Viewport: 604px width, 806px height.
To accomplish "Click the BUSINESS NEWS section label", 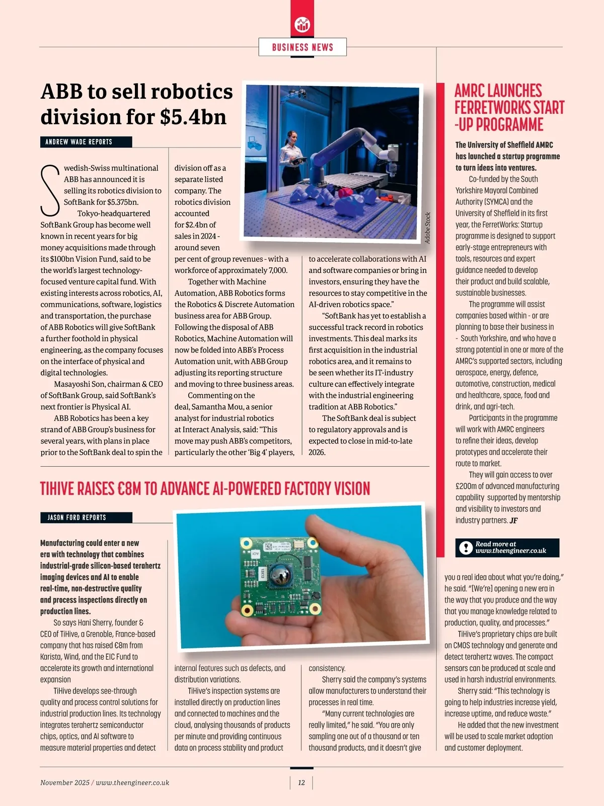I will click(303, 47).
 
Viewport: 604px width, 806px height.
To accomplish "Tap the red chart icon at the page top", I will click(303, 24).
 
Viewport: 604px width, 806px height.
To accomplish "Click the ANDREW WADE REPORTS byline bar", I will click(86, 142).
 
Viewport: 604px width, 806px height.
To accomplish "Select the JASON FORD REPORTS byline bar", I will click(86, 518).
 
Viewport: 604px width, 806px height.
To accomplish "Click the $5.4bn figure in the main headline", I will click(193, 117).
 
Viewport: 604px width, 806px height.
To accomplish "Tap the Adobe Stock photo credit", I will click(428, 228).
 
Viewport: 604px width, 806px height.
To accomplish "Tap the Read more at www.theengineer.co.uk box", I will click(507, 547).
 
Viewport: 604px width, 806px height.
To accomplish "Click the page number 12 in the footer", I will click(301, 782).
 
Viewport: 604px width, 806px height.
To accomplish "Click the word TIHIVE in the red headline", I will click(57, 489).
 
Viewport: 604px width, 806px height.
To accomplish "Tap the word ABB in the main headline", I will click(61, 92).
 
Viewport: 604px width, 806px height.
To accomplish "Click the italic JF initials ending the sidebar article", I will click(513, 521).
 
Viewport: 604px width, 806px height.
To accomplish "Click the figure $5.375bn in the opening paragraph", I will click(123, 202).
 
